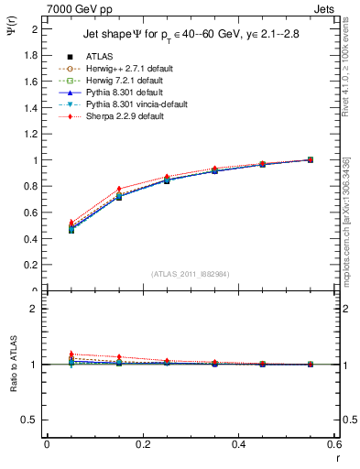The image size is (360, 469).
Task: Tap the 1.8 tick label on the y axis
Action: pos(31,55)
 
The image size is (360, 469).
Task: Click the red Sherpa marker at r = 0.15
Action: pos(119,189)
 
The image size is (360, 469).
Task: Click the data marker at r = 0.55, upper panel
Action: pos(310,159)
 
